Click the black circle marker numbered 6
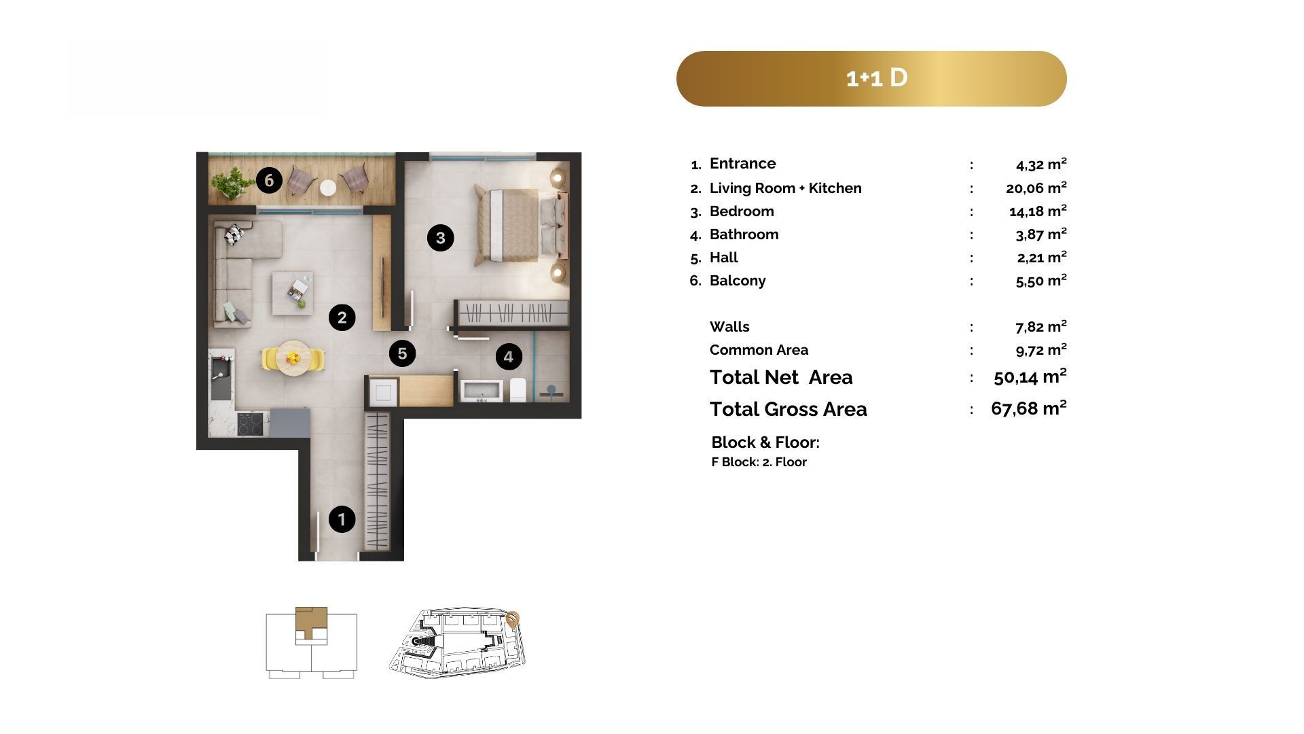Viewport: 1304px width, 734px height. [x=269, y=180]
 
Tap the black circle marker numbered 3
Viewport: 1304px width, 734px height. [x=440, y=238]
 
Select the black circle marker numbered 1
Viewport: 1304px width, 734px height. [x=342, y=520]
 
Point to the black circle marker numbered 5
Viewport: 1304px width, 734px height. [x=402, y=353]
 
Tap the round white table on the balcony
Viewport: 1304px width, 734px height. [x=329, y=187]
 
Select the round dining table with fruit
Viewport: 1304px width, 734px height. [x=293, y=358]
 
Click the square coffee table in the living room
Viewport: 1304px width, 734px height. [x=293, y=293]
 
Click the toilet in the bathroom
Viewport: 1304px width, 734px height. [x=518, y=389]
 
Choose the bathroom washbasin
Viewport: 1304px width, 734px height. [x=482, y=391]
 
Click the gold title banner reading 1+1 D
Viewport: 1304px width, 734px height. [x=871, y=78]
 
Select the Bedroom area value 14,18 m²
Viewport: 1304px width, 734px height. [x=1038, y=211]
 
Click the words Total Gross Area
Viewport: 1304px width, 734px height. [x=789, y=409]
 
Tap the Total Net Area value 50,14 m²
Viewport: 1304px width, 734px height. [x=1030, y=377]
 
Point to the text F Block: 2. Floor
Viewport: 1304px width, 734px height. [x=759, y=462]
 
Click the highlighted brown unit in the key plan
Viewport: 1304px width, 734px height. [x=311, y=623]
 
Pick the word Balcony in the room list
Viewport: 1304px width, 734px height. [x=738, y=281]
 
